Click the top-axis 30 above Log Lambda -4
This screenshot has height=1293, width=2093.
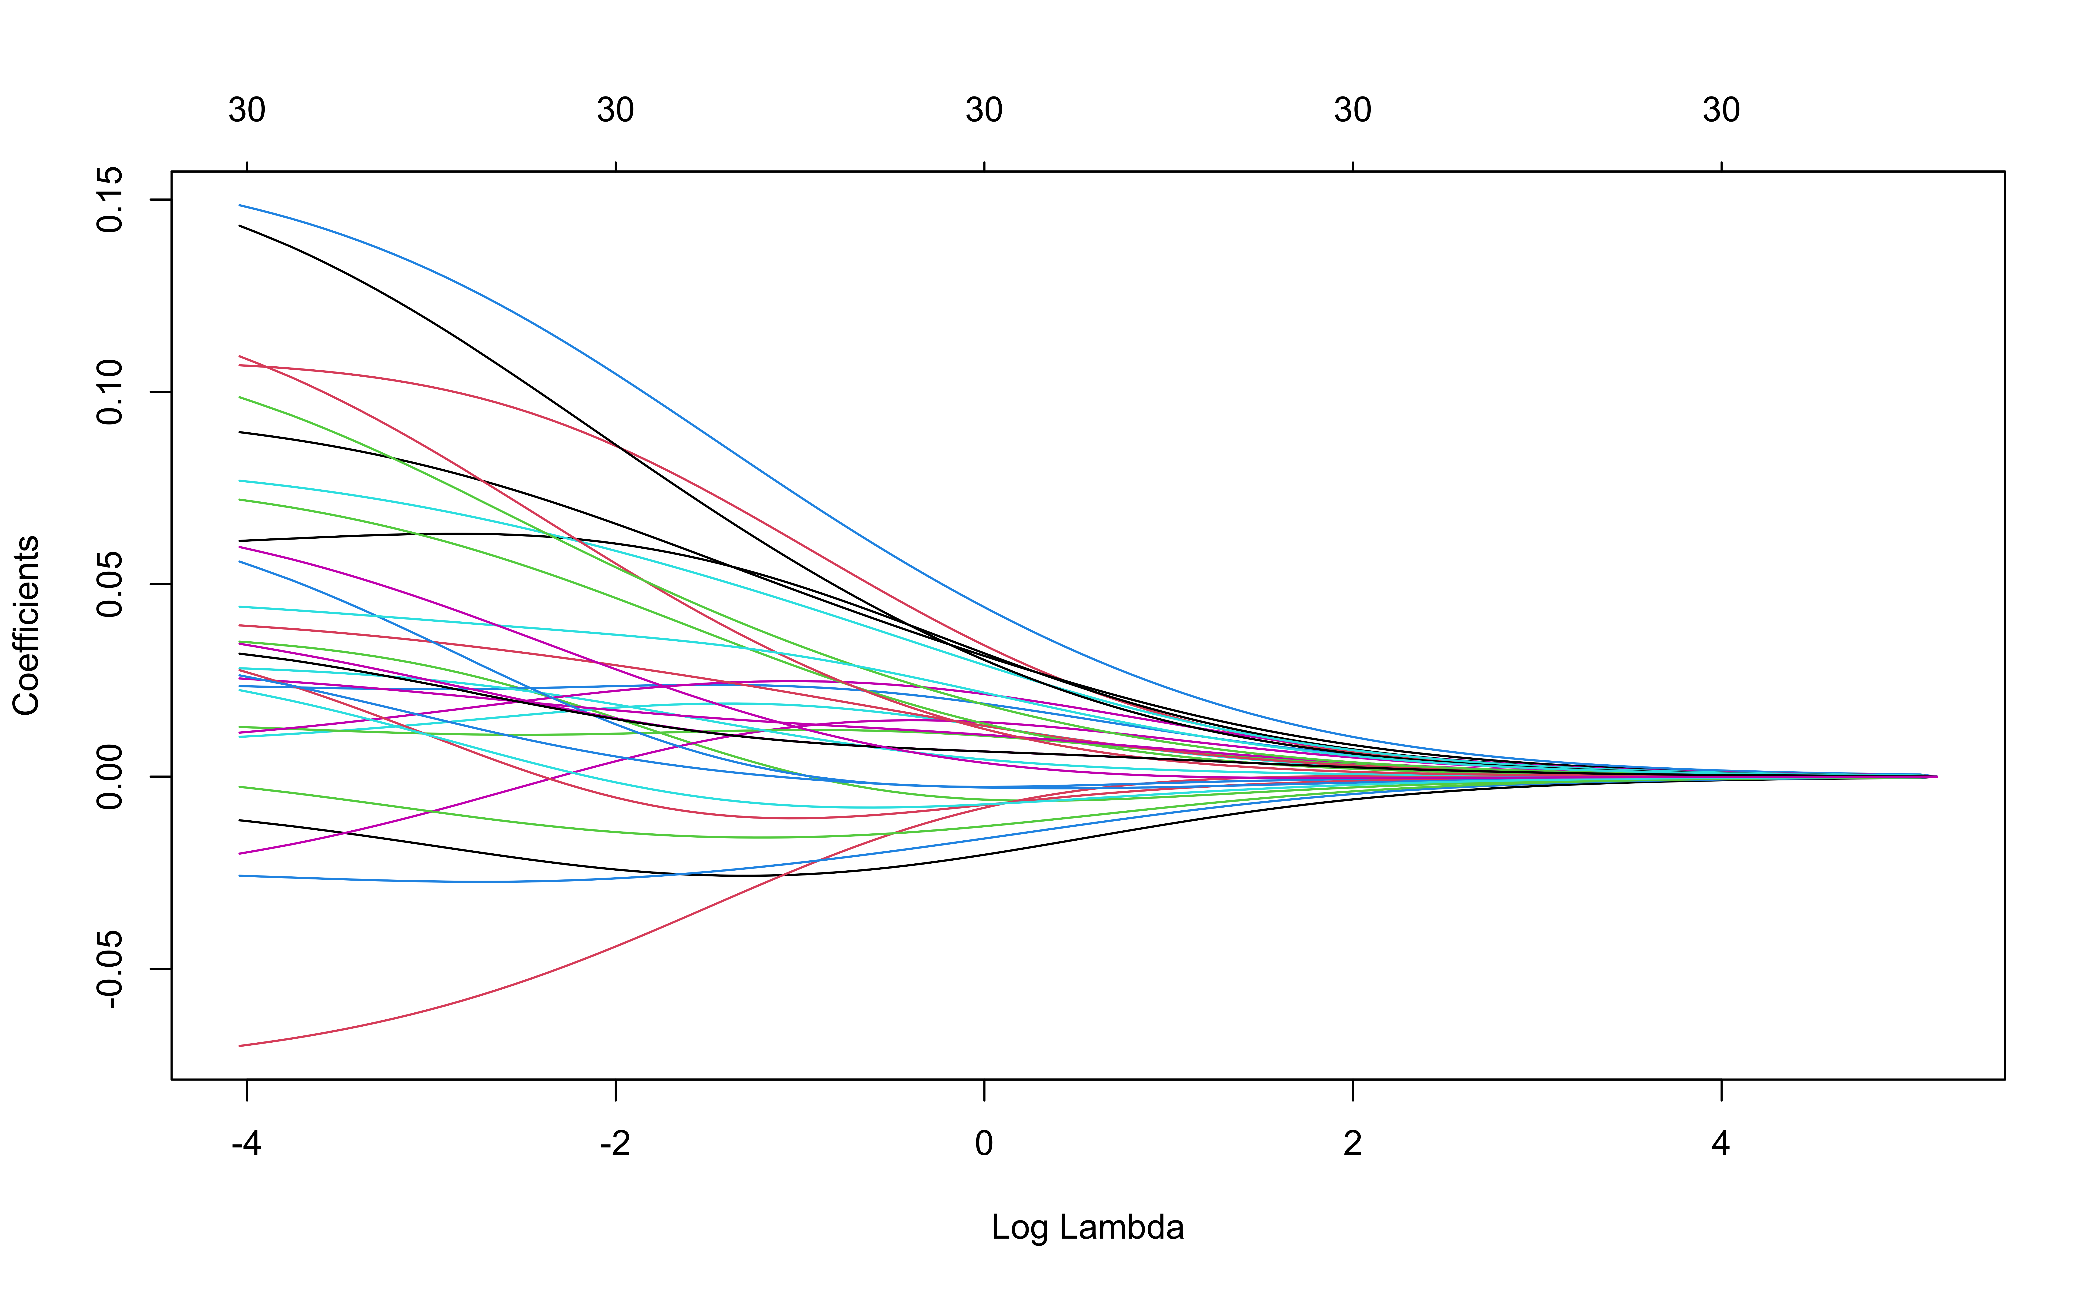[x=246, y=110]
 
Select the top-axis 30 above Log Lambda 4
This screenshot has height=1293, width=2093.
[x=1721, y=110]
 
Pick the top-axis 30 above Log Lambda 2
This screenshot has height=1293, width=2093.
[x=1352, y=110]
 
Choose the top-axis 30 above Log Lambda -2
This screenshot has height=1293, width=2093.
[x=615, y=110]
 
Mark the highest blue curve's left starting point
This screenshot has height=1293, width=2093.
[x=240, y=205]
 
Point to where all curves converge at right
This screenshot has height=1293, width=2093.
[x=1935, y=776]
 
